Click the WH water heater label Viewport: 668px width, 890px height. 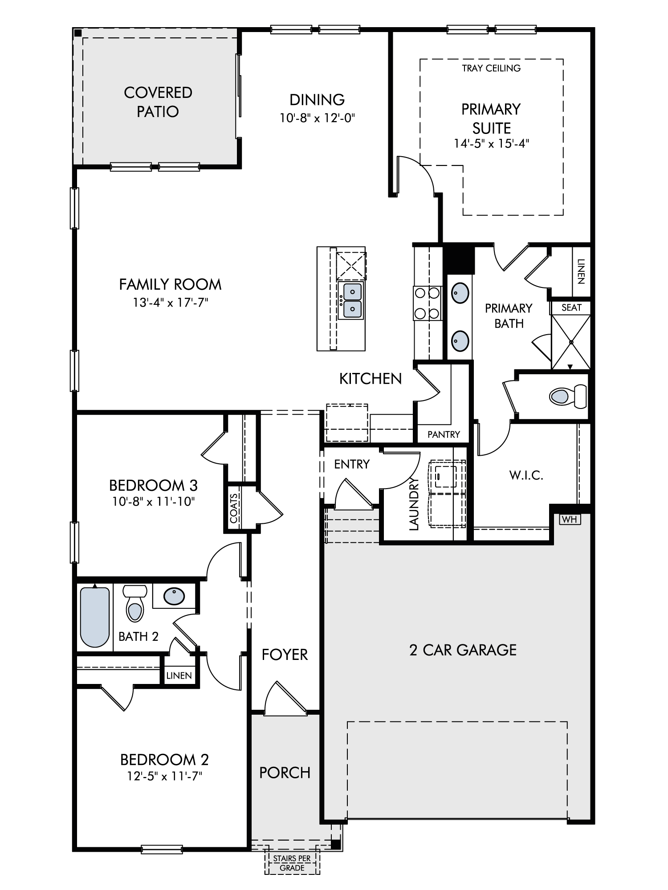click(569, 519)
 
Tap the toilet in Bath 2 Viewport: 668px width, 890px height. click(135, 603)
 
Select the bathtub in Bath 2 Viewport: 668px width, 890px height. click(95, 617)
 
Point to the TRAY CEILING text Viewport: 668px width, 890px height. click(491, 68)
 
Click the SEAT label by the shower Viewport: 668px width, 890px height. click(571, 307)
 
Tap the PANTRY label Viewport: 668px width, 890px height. click(444, 434)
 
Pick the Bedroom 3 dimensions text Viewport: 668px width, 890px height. click(154, 502)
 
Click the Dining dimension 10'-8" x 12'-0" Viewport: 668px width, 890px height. click(317, 118)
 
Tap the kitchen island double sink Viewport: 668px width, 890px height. click(351, 300)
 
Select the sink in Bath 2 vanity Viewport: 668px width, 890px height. click(174, 596)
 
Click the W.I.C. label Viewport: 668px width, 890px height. click(526, 475)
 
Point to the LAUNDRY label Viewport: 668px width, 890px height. click(414, 504)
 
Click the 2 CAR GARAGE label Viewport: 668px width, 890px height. click(463, 650)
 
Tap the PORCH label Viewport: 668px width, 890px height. click(285, 773)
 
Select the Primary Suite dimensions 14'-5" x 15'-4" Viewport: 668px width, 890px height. click(491, 144)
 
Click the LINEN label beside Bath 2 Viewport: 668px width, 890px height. click(179, 676)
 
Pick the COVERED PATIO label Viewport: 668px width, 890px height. click(158, 102)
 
